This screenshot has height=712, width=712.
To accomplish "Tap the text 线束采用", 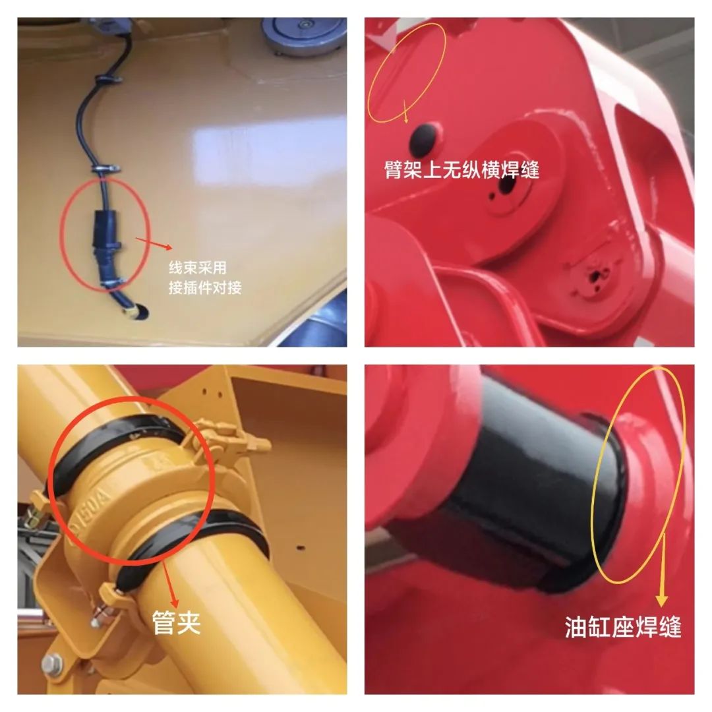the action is (x=198, y=268).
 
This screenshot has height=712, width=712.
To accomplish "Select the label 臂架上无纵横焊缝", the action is (x=461, y=170).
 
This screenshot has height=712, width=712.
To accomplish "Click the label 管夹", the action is (x=176, y=622).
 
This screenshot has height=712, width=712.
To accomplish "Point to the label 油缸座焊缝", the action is (x=623, y=627).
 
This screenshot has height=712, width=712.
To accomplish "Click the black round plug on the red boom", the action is (x=424, y=138).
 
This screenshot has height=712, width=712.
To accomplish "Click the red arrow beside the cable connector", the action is (x=154, y=243).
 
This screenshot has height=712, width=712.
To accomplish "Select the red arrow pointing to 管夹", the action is (x=168, y=586).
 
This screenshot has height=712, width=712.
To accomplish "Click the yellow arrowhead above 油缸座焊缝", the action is (x=662, y=600).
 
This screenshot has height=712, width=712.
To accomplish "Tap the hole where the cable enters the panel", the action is (x=138, y=312).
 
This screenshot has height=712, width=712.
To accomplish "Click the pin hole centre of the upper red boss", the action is (x=507, y=185).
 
